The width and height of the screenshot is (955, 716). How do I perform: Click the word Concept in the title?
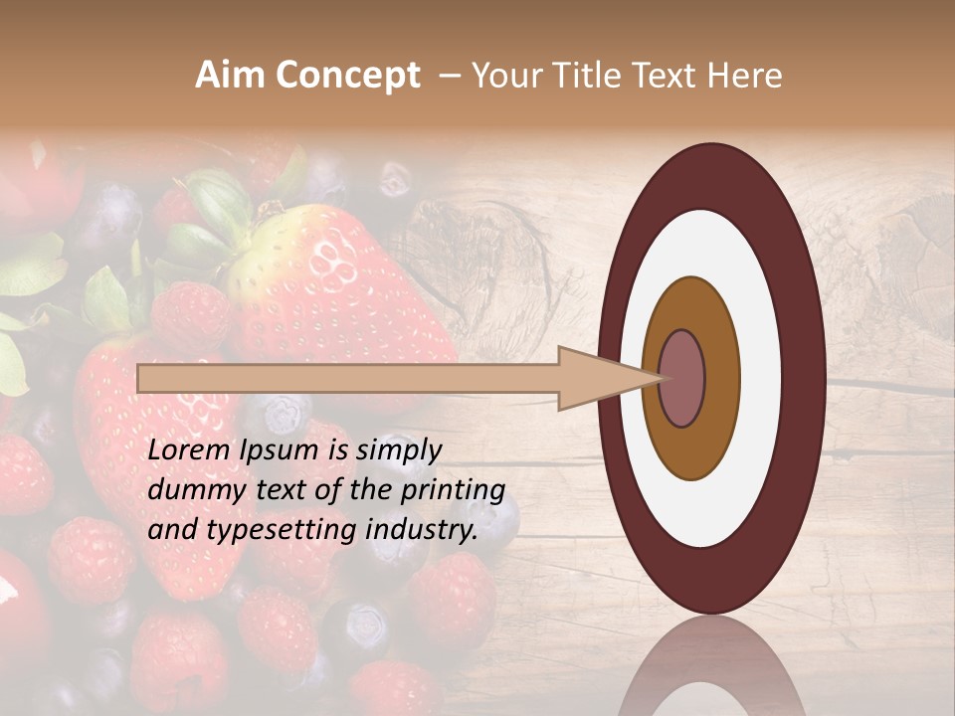pos(347,76)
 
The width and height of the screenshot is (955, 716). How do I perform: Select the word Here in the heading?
pos(744,76)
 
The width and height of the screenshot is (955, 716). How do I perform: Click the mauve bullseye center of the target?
pos(682,378)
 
